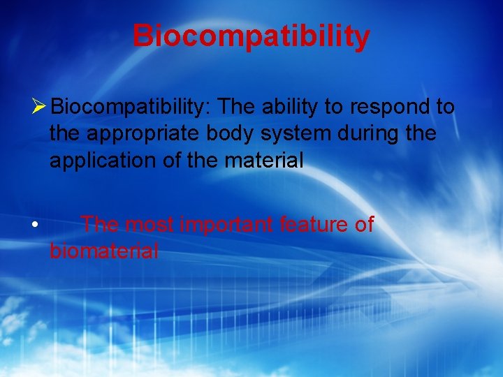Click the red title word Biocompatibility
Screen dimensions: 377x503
[x=251, y=36]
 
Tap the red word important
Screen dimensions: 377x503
[x=226, y=225]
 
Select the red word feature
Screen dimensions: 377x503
[x=313, y=224]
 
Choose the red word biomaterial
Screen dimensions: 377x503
[x=104, y=251]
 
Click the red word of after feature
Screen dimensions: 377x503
[x=364, y=224]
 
